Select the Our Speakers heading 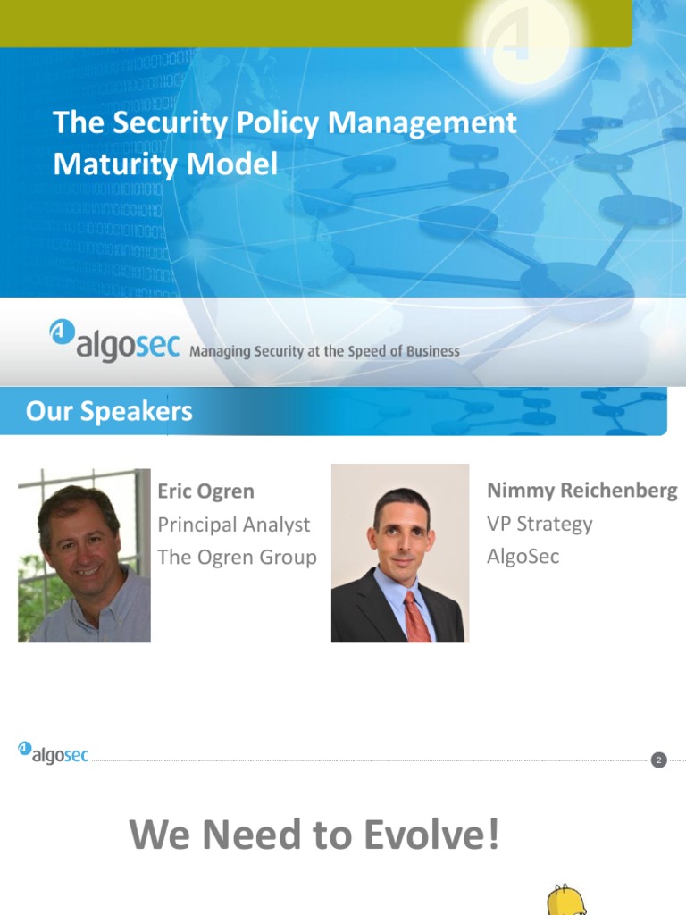point(109,411)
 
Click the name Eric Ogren point(205,491)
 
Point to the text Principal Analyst point(234,525)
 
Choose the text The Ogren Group point(237,557)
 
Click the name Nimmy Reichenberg point(581,491)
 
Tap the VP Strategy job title point(540,524)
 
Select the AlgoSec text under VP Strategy point(523,556)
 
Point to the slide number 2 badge point(659,760)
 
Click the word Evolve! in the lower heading point(431,836)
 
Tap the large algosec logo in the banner point(114,340)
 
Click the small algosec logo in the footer point(53,753)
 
